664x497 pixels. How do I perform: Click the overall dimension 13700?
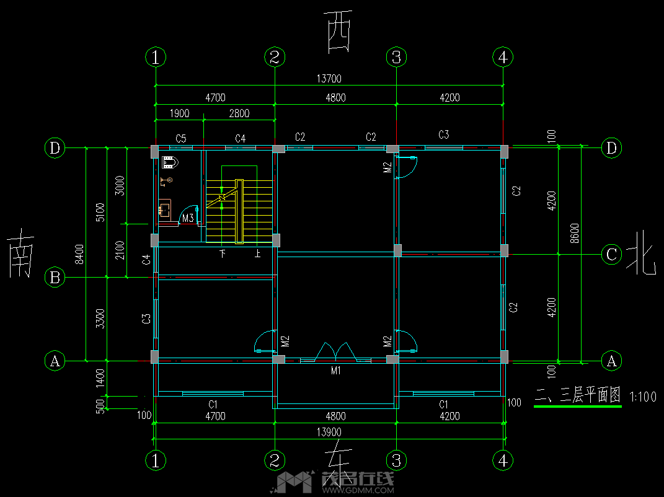click(329, 79)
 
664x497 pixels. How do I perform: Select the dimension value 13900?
click(329, 432)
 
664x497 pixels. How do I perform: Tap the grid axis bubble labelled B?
click(55, 278)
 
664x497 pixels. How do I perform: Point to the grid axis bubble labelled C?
click(612, 254)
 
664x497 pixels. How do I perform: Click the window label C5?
click(181, 138)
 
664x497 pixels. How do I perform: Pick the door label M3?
click(187, 218)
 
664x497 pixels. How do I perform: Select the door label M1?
click(335, 371)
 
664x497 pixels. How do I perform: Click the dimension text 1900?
click(179, 113)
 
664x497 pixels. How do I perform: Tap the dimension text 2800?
click(239, 113)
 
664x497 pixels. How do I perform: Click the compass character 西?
click(338, 30)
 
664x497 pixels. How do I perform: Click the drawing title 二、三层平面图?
click(577, 395)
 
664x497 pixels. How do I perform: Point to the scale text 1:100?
click(642, 397)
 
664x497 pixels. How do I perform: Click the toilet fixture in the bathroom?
click(170, 162)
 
